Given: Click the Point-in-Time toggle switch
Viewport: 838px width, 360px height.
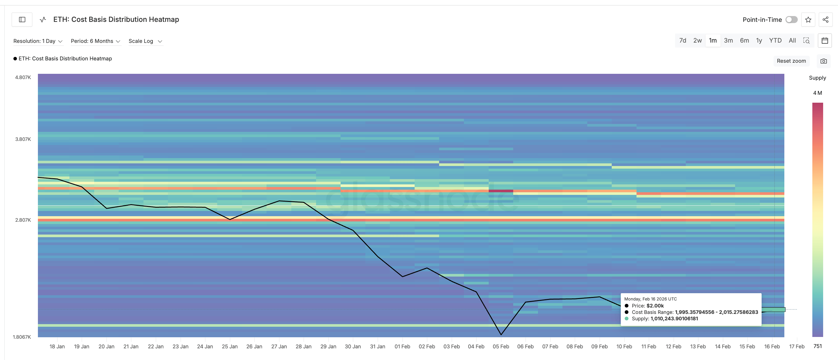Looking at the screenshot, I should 791,20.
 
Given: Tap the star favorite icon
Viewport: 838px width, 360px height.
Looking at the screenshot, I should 808,20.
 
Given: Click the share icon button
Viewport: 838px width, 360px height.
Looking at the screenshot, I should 825,20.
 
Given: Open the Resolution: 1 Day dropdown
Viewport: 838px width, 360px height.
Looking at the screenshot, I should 38,41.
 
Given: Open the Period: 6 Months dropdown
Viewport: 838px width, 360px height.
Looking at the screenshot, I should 96,41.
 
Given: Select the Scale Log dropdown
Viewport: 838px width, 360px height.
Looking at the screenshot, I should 145,41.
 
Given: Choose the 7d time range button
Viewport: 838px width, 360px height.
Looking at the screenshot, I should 683,41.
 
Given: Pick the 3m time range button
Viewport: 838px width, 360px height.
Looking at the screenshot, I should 728,41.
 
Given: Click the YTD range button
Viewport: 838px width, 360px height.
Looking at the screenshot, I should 775,41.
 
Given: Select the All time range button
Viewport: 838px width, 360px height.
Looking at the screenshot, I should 792,41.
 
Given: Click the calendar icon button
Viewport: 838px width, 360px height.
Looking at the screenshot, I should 825,41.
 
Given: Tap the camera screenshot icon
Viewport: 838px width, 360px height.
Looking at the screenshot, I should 823,61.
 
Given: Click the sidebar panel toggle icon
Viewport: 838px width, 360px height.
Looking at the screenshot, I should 22,20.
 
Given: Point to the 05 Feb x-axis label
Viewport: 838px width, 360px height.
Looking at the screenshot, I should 501,347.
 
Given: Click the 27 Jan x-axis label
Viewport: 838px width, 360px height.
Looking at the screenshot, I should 279,347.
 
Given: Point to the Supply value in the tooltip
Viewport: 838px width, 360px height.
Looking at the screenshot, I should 674,319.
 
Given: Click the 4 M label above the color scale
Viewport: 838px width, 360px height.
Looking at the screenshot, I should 817,93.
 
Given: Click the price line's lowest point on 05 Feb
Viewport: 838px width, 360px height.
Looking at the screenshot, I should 501,334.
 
